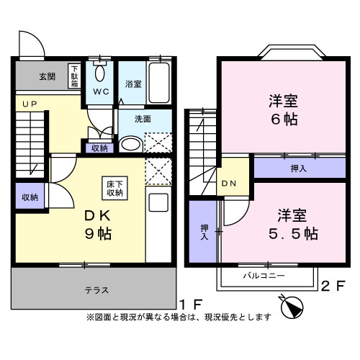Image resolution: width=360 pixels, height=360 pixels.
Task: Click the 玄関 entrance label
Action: (47, 76)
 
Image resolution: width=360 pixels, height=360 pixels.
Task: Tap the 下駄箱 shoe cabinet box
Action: (75, 76)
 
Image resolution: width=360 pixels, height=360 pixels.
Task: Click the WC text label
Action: (99, 92)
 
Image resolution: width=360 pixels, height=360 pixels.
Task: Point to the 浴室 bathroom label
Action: (133, 84)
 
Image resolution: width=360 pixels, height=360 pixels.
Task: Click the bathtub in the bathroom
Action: (160, 82)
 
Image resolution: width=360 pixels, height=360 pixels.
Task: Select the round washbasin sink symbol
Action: (130, 144)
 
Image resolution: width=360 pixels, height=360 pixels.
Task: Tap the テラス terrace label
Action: (95, 290)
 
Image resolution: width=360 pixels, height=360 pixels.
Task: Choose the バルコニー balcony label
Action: (263, 275)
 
